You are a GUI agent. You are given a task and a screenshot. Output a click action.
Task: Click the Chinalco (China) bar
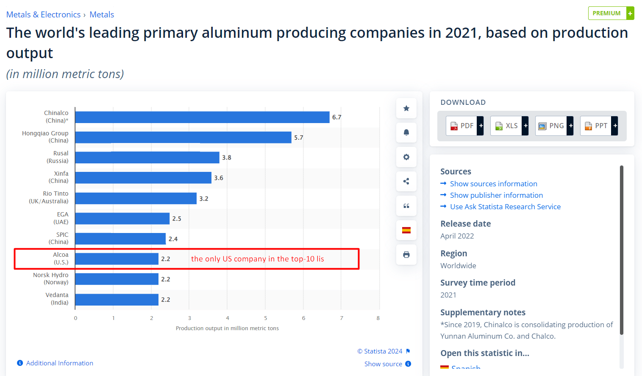202,117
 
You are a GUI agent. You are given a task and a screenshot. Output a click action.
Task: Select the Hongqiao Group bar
183,137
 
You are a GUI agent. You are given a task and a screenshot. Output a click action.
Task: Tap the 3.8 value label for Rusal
227,157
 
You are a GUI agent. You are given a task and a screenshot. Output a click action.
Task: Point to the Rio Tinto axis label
49,197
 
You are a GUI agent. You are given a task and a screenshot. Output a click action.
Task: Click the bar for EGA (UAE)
122,219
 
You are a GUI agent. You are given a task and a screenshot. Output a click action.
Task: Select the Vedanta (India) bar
117,300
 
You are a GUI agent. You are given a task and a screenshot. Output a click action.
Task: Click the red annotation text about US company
257,259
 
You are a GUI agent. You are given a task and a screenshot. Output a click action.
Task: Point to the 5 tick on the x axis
266,318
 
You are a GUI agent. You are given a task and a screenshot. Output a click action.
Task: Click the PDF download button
464,126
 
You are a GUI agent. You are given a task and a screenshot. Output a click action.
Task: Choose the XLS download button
509,126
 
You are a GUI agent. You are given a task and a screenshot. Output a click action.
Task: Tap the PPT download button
598,126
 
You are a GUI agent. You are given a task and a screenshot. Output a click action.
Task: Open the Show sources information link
493,184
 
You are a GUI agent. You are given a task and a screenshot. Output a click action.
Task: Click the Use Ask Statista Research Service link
505,207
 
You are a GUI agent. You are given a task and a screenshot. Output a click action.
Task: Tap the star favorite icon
406,108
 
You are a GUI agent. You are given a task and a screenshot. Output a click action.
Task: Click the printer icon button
406,255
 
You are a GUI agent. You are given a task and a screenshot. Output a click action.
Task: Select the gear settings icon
406,157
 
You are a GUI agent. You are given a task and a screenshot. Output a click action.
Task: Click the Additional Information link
59,363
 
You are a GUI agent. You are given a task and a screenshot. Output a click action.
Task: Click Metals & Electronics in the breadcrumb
43,14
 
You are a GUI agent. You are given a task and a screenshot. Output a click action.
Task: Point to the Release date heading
465,224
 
